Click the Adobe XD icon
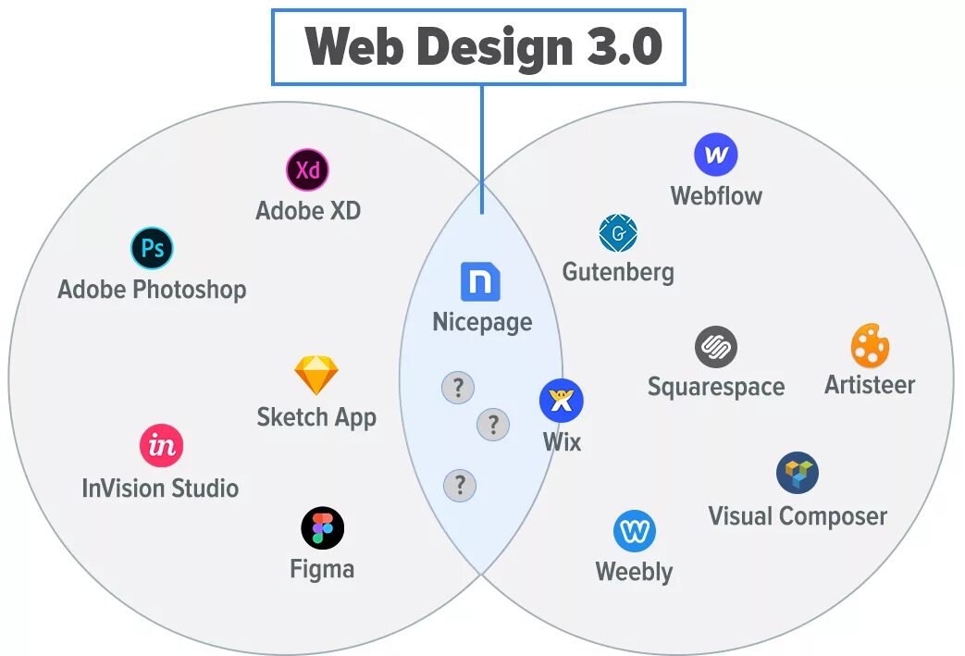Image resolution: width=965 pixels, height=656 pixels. click(307, 170)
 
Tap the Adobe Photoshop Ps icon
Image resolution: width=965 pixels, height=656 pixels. click(152, 248)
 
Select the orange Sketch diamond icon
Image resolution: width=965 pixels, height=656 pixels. click(316, 376)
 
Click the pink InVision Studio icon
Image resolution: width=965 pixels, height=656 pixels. click(162, 447)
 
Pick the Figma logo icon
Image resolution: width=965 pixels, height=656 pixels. click(322, 528)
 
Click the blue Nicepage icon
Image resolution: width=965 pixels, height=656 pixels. click(480, 282)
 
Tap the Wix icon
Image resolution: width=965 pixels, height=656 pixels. click(561, 401)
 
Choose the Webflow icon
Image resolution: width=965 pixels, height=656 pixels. click(715, 155)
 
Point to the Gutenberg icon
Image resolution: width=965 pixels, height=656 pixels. click(618, 234)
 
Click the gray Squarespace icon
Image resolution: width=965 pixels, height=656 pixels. click(715, 348)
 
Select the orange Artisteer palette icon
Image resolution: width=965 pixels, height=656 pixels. click(870, 346)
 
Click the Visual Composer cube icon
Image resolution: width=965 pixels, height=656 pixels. click(797, 473)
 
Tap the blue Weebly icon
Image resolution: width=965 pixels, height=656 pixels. click(634, 531)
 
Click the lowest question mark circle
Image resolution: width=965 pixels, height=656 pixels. click(460, 485)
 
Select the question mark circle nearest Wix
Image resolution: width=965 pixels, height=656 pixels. click(493, 425)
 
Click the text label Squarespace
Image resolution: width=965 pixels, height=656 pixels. click(715, 387)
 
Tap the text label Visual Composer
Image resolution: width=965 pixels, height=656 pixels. click(797, 516)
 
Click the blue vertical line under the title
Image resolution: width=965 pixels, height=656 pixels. click(481, 148)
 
